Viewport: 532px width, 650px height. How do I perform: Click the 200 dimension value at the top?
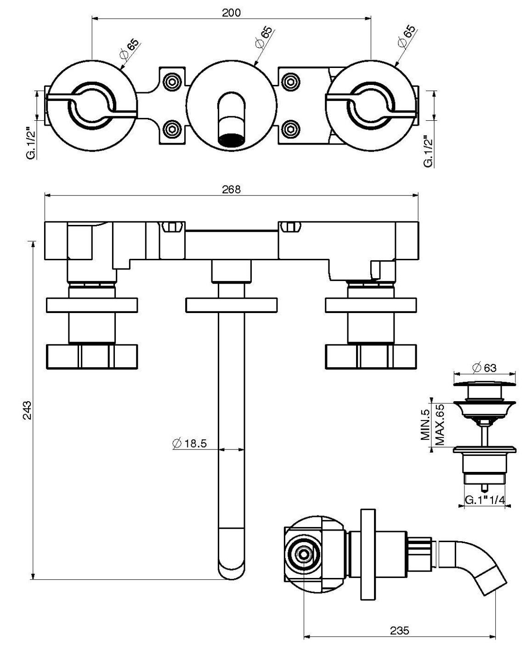(x=231, y=12)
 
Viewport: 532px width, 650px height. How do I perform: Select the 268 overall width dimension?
(x=231, y=189)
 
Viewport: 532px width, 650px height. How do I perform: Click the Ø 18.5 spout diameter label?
(x=190, y=443)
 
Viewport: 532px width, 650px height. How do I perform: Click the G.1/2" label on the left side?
(x=31, y=142)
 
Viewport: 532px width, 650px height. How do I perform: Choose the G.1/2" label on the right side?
(x=428, y=151)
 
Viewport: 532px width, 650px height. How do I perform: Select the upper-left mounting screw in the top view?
(x=172, y=82)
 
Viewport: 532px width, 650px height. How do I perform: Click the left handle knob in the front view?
(x=92, y=358)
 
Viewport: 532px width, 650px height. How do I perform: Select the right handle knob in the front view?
(x=371, y=358)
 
